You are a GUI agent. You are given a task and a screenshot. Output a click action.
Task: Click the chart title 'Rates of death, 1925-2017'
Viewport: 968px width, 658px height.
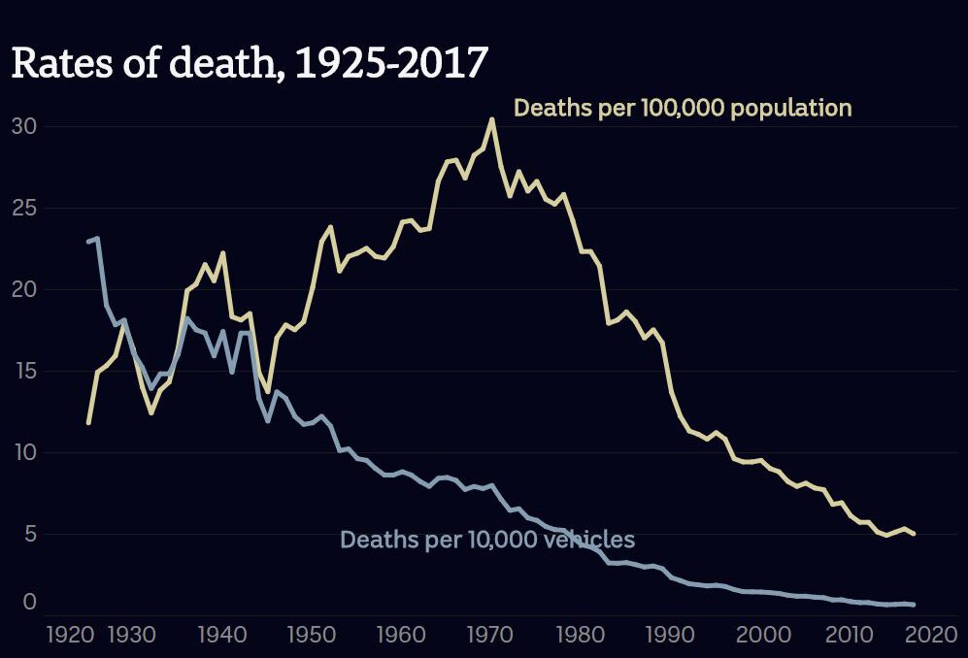pyautogui.click(x=250, y=63)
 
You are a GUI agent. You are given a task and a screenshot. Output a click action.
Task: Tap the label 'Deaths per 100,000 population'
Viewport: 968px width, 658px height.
pyautogui.click(x=683, y=109)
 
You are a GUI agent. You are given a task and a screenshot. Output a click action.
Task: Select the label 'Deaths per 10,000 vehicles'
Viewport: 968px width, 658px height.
pyautogui.click(x=487, y=540)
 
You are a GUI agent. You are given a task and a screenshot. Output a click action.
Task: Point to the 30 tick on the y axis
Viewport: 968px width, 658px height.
pyautogui.click(x=24, y=126)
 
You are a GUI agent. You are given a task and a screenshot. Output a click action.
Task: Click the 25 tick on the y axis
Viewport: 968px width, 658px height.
pyautogui.click(x=24, y=208)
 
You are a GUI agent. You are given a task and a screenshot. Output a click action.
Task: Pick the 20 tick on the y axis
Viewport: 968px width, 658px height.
pyautogui.click(x=24, y=289)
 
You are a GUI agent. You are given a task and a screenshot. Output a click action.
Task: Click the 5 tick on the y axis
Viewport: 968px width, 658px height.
pyautogui.click(x=31, y=534)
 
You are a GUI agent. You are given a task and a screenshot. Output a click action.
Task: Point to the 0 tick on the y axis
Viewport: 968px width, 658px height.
pyautogui.click(x=30, y=602)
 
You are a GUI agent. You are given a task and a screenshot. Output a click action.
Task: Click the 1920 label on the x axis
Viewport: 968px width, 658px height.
pyautogui.click(x=71, y=635)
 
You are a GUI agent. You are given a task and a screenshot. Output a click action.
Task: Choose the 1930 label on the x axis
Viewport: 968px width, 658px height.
pyautogui.click(x=131, y=635)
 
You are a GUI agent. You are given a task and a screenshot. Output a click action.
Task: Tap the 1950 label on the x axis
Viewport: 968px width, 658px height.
pyautogui.click(x=312, y=635)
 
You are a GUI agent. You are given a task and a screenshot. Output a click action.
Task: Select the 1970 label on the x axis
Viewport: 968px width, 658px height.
pyautogui.click(x=490, y=635)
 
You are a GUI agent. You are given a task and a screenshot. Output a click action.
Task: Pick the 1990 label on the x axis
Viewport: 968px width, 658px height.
pyautogui.click(x=670, y=635)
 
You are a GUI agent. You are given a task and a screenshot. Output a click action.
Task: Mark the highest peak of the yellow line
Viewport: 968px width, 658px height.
pyautogui.click(x=492, y=119)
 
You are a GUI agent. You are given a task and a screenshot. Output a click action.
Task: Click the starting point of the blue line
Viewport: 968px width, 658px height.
pyautogui.click(x=89, y=242)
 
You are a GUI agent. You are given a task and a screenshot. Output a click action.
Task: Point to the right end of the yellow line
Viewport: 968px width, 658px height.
pyautogui.click(x=913, y=534)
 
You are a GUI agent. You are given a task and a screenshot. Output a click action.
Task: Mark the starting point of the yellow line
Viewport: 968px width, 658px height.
pyautogui.click(x=89, y=423)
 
